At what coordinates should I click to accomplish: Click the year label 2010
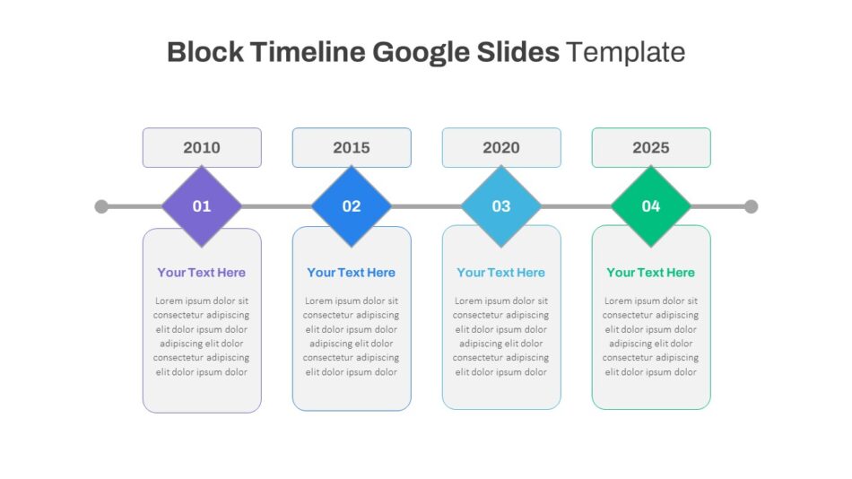pos(202,147)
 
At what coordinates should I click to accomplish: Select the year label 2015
pos(352,147)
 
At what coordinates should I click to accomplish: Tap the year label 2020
pos(501,147)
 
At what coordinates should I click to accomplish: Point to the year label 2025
pos(651,147)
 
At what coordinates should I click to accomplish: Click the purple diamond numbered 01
pos(202,206)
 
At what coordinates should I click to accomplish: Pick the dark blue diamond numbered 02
pos(352,206)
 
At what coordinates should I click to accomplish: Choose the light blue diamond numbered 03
pos(501,206)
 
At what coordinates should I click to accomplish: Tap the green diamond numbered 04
pos(651,206)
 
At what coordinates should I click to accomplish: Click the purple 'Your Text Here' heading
pos(202,273)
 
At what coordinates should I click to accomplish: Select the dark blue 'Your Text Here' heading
pos(352,273)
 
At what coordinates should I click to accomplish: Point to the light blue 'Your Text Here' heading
pos(501,273)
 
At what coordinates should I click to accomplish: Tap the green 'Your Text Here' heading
pos(651,273)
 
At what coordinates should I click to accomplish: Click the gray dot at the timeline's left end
pos(101,206)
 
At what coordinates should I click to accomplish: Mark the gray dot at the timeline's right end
pos(751,206)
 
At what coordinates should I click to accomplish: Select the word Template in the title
pos(625,53)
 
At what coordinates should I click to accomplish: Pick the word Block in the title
pos(205,52)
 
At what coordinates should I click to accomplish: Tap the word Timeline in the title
pos(309,52)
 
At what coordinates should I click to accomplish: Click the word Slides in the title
pos(518,52)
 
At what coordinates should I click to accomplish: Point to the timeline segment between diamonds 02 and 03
pos(427,206)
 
